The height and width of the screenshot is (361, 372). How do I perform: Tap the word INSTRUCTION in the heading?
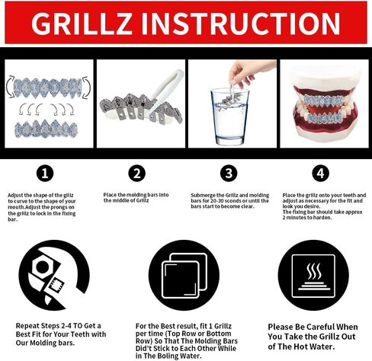(x=241, y=23)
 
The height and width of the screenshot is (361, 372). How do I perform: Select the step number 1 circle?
(x=45, y=174)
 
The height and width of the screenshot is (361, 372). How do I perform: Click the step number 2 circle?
(x=137, y=174)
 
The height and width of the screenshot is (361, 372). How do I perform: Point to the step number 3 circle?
(x=229, y=174)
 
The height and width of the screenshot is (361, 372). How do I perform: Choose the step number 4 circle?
(x=321, y=174)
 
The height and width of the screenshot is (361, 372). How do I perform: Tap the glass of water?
(x=229, y=117)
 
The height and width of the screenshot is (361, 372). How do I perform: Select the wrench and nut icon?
(x=54, y=275)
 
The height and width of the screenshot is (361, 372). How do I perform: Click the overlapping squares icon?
(x=184, y=275)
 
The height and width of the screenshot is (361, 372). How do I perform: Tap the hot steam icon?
(x=313, y=275)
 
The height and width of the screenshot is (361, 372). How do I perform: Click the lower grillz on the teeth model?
(x=323, y=117)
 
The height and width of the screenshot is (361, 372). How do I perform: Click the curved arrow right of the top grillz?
(x=86, y=88)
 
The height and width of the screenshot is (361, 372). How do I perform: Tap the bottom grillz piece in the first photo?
(x=46, y=129)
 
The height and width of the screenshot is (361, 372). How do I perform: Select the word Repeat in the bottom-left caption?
(x=27, y=326)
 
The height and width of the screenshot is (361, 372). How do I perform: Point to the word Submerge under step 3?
(x=202, y=195)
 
